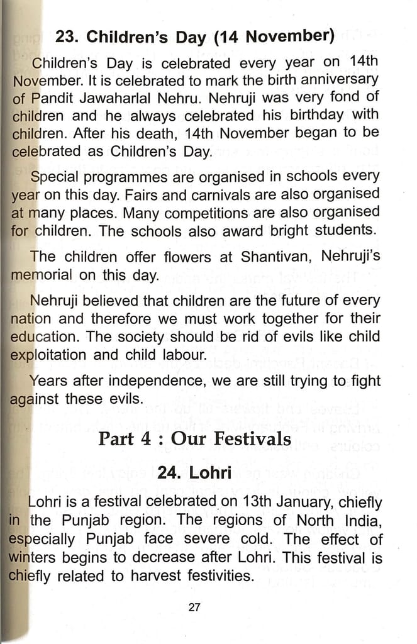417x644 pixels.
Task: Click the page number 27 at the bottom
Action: click(194, 607)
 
